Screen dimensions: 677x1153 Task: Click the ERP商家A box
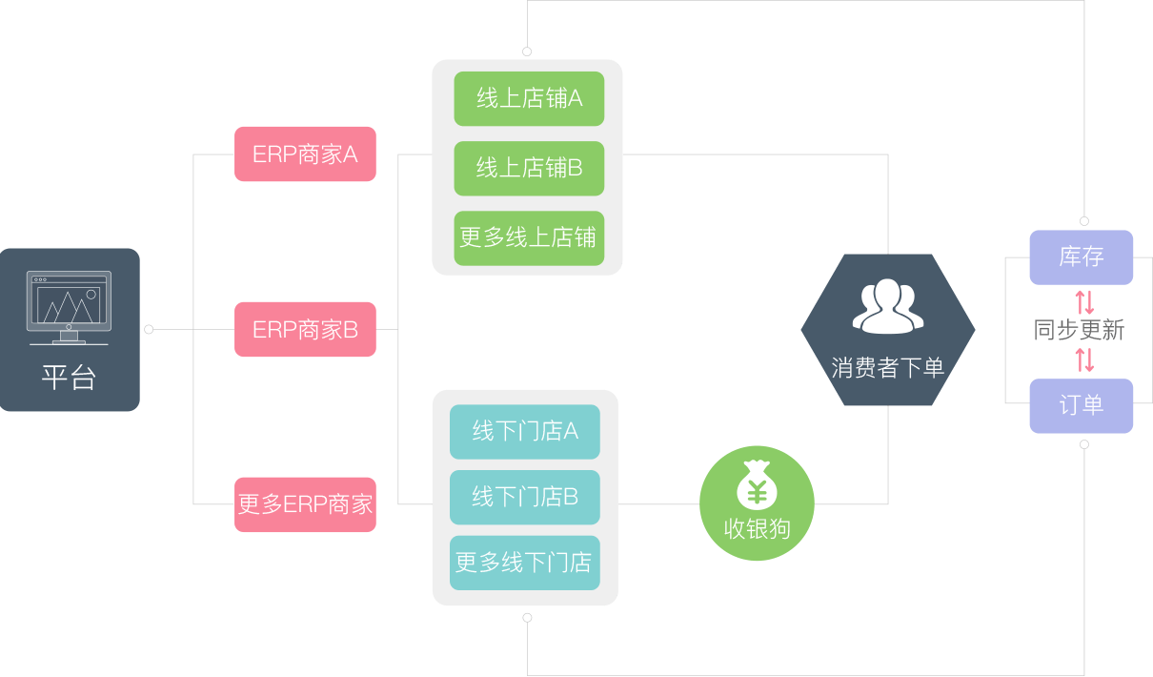pyautogui.click(x=305, y=154)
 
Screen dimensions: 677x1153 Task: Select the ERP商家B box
pyautogui.click(x=305, y=330)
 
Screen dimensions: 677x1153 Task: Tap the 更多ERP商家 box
pyautogui.click(x=305, y=504)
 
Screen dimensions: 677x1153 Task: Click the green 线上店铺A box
pyautogui.click(x=529, y=98)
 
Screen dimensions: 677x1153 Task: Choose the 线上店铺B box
pyautogui.click(x=529, y=169)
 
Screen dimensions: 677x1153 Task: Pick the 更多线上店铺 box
pyautogui.click(x=529, y=237)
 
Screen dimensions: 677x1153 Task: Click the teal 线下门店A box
pyautogui.click(x=525, y=431)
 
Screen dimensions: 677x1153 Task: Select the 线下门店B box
pyautogui.click(x=525, y=497)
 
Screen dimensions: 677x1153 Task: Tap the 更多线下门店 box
pyautogui.click(x=525, y=562)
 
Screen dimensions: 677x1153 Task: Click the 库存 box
pyautogui.click(x=1082, y=257)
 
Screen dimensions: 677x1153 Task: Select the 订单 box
pyautogui.click(x=1082, y=405)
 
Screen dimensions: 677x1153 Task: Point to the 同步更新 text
pyautogui.click(x=1079, y=331)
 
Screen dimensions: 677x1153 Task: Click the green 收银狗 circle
pyautogui.click(x=758, y=503)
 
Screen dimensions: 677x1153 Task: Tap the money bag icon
pyautogui.click(x=758, y=485)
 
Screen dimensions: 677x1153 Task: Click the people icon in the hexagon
pyautogui.click(x=888, y=306)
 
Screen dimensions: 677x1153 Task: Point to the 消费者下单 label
pyautogui.click(x=888, y=368)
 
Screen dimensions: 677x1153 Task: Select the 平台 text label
pyautogui.click(x=70, y=378)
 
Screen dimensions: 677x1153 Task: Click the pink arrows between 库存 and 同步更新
pyautogui.click(x=1084, y=301)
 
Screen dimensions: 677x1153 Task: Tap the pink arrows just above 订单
pyautogui.click(x=1084, y=359)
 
